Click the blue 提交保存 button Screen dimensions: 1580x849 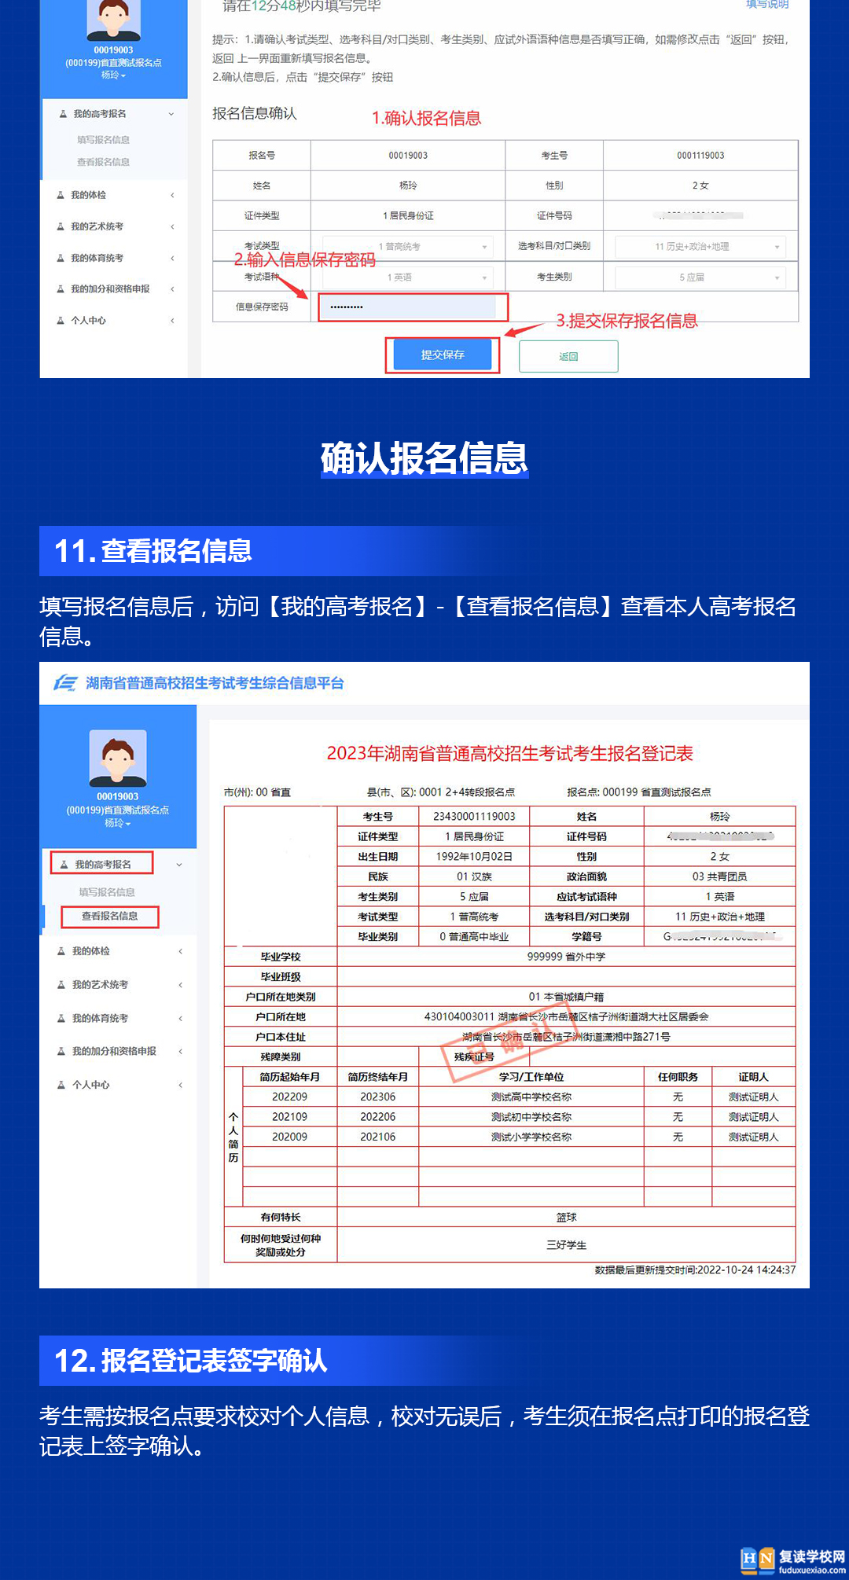pyautogui.click(x=443, y=355)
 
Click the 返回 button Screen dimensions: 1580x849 pyautogui.click(x=568, y=357)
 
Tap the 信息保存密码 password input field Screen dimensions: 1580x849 pyautogui.click(x=413, y=307)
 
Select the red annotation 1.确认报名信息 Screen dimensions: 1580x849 pyautogui.click(x=426, y=118)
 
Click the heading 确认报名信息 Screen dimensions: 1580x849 pyautogui.click(x=424, y=458)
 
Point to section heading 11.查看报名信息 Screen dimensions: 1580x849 pyautogui.click(x=153, y=551)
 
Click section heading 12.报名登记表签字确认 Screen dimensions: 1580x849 pyautogui.click(x=191, y=1361)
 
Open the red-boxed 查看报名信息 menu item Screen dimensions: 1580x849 pyautogui.click(x=110, y=917)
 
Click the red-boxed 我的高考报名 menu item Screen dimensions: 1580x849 pyautogui.click(x=102, y=864)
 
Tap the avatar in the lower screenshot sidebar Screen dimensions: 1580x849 pyautogui.click(x=118, y=758)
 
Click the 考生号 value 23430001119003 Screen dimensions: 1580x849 pyautogui.click(x=474, y=817)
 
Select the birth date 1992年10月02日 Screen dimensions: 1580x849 pyautogui.click(x=474, y=857)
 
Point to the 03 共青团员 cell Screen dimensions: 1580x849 pyautogui.click(x=719, y=876)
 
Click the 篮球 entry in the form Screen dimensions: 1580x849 pyautogui.click(x=566, y=1218)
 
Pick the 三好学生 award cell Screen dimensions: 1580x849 pyautogui.click(x=566, y=1245)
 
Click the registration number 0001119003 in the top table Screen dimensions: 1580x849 pyautogui.click(x=700, y=156)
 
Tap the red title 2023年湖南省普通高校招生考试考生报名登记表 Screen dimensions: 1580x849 pyautogui.click(x=509, y=754)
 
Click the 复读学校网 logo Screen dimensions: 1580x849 pyautogui.click(x=792, y=1560)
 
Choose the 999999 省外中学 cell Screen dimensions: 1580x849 pyautogui.click(x=566, y=957)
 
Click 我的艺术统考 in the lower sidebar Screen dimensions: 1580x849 pyautogui.click(x=100, y=985)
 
